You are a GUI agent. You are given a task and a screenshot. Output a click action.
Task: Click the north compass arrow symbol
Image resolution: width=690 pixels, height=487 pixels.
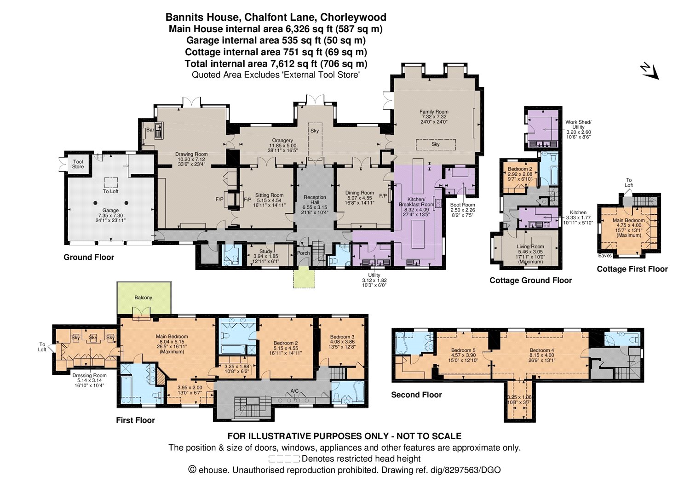(x=650, y=75)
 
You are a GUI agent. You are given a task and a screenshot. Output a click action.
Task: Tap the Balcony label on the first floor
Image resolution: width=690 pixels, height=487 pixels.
(x=143, y=298)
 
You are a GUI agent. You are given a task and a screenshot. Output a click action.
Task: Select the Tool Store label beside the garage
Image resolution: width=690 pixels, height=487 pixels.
(x=78, y=164)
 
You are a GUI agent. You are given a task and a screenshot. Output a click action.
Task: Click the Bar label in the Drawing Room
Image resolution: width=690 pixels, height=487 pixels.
(x=150, y=130)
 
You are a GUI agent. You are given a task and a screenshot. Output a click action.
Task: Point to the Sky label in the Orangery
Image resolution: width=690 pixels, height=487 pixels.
(x=315, y=131)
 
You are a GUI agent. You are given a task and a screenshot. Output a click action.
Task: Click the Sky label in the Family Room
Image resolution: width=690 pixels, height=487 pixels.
(x=435, y=144)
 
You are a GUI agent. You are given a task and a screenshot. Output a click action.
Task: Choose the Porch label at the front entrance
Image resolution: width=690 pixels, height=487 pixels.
(x=304, y=253)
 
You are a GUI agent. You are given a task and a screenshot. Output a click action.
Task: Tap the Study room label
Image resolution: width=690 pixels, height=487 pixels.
(x=265, y=252)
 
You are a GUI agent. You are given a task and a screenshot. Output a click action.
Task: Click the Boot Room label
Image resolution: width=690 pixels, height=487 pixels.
(x=462, y=205)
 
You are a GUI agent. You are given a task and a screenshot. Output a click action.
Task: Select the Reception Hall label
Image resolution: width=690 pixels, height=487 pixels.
(x=315, y=200)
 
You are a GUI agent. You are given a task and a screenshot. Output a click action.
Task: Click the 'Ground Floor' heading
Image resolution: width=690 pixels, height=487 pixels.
(x=89, y=257)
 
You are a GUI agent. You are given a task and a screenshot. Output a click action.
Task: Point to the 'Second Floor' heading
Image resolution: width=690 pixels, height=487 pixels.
(x=416, y=395)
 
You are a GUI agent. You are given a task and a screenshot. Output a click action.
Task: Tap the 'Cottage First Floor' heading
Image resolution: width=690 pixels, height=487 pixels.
(x=632, y=269)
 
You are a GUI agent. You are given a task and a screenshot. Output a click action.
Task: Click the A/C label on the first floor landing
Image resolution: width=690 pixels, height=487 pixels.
(x=294, y=391)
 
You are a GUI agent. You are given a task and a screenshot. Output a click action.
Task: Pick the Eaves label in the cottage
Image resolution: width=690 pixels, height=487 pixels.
(x=605, y=255)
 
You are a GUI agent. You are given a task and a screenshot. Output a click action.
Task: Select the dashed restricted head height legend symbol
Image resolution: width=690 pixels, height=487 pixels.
(x=284, y=459)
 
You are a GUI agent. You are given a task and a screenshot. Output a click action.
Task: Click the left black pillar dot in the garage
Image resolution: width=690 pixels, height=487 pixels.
(x=96, y=203)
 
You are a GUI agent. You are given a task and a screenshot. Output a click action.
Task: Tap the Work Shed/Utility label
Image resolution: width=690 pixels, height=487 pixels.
(x=578, y=125)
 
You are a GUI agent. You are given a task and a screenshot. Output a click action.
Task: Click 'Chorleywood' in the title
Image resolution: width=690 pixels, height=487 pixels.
(x=353, y=17)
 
